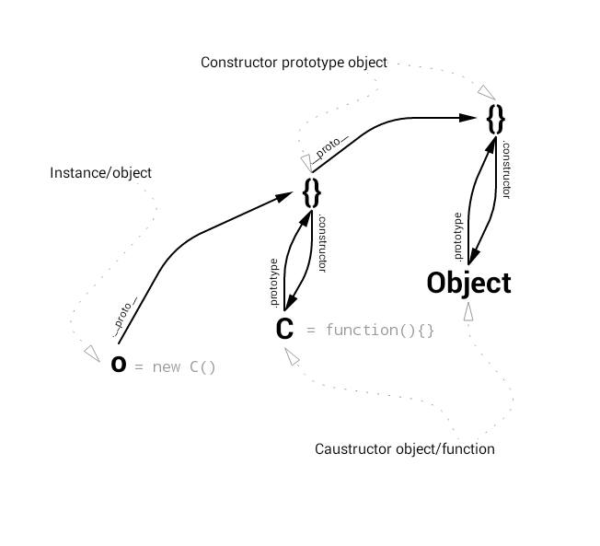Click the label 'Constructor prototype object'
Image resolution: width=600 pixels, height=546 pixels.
pos(294,63)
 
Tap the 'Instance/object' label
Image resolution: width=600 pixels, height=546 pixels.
pos(100,173)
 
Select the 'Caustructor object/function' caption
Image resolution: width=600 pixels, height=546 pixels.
pos(405,449)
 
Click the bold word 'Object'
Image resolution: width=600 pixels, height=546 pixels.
pos(468,283)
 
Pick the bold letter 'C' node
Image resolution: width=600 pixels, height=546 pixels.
pos(284,329)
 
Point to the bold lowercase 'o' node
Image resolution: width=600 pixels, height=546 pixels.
pos(119,365)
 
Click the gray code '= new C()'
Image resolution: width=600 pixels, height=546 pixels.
pos(175,367)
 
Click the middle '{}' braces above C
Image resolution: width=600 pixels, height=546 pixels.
pos(312,192)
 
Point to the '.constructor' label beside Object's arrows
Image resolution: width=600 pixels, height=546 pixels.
pos(506,169)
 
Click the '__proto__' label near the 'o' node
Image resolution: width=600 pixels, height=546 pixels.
pos(126,313)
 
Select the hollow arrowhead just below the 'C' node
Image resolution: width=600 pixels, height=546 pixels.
pos(291,355)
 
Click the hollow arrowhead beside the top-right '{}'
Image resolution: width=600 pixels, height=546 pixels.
pos(485,91)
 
